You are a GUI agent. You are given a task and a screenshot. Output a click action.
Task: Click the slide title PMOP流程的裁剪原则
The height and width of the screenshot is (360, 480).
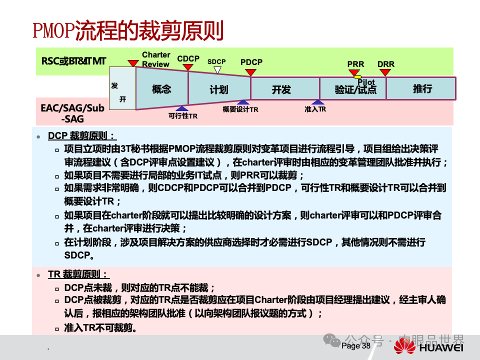click(x=128, y=31)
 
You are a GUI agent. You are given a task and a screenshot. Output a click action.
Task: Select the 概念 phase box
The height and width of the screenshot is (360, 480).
click(x=161, y=89)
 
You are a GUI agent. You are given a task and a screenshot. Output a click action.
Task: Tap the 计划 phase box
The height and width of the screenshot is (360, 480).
click(x=219, y=89)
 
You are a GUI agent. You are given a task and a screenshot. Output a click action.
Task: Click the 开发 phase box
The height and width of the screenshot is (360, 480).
click(x=281, y=89)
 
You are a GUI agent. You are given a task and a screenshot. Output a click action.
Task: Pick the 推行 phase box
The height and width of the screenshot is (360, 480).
click(x=422, y=88)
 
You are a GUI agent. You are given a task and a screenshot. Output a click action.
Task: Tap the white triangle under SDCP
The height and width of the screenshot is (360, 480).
click(x=217, y=70)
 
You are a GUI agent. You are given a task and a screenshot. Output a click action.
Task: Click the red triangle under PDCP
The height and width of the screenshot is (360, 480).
click(x=251, y=72)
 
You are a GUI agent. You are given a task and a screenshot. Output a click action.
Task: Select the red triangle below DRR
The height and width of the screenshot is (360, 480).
click(x=386, y=72)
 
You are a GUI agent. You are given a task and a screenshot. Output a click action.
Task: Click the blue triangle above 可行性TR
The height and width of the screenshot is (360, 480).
click(x=182, y=108)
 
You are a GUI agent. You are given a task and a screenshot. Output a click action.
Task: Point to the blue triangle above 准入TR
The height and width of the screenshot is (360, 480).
click(x=315, y=102)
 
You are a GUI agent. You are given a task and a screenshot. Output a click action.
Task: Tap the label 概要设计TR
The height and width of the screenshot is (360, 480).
click(x=240, y=109)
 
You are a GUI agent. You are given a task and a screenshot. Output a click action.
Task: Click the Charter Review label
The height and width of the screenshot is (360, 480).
click(x=156, y=59)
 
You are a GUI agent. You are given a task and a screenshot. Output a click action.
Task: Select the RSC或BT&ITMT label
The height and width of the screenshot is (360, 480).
click(x=74, y=61)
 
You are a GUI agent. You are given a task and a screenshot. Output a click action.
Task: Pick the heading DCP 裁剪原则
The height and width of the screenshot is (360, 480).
click(x=81, y=135)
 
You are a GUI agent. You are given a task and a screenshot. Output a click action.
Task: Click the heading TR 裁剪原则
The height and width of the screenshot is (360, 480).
click(x=78, y=274)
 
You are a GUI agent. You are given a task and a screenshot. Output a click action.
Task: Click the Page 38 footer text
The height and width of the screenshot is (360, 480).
click(x=356, y=346)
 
